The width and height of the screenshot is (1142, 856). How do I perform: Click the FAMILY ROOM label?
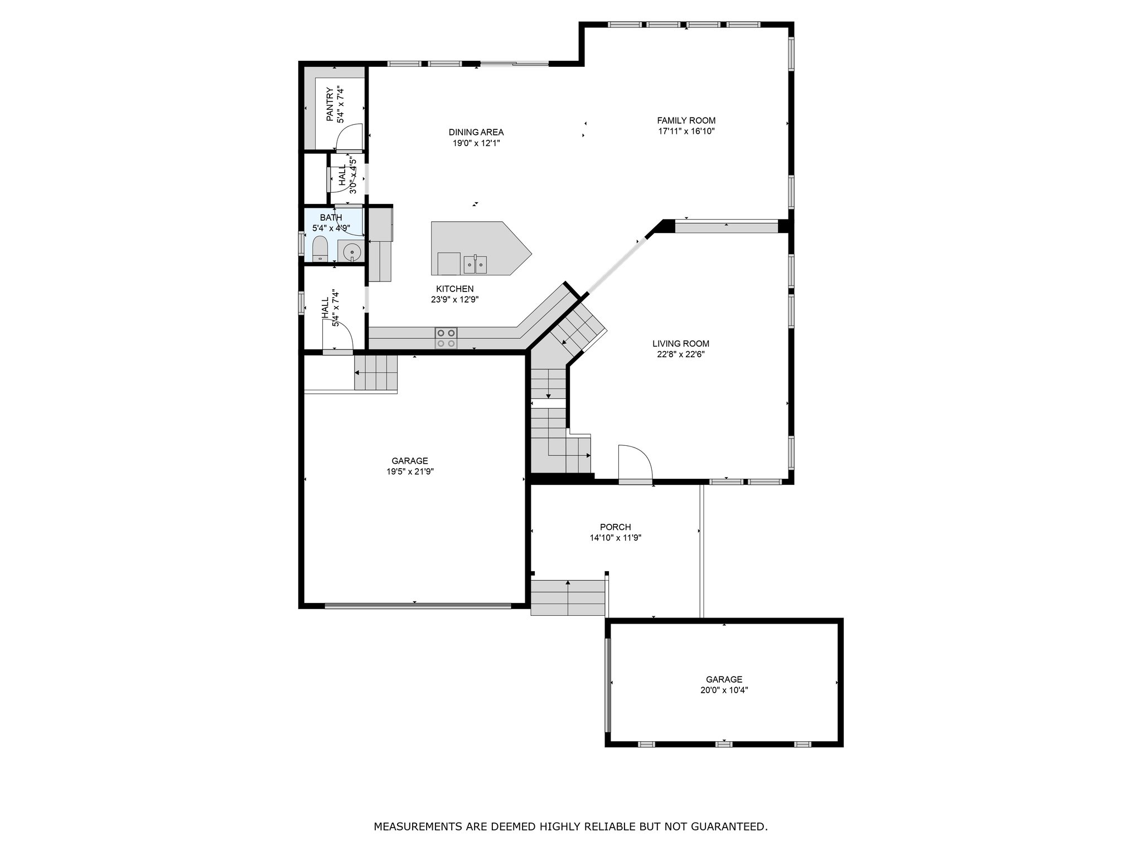[x=686, y=120]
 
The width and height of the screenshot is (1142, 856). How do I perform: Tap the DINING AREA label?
[x=476, y=132]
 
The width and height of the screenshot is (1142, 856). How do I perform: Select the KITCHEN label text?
[x=455, y=289]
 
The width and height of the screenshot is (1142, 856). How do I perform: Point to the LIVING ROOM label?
[x=681, y=344]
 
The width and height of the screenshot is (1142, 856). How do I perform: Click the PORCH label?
[x=616, y=527]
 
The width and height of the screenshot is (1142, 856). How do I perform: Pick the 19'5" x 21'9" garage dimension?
[x=410, y=471]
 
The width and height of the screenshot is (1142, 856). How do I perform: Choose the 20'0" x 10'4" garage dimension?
[x=724, y=690]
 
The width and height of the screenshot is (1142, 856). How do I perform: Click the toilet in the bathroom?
[x=320, y=249]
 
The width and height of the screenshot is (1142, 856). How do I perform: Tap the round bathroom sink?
[x=352, y=252]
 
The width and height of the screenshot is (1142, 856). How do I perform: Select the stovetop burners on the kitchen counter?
[x=446, y=338]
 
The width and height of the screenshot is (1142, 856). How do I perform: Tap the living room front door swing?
[x=635, y=462]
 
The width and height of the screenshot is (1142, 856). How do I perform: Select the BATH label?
[x=331, y=217]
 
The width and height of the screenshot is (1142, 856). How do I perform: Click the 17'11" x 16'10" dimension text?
[x=686, y=132]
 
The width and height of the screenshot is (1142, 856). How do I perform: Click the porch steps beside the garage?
[x=568, y=597]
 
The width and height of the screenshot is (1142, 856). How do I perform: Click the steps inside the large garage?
[x=376, y=372]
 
